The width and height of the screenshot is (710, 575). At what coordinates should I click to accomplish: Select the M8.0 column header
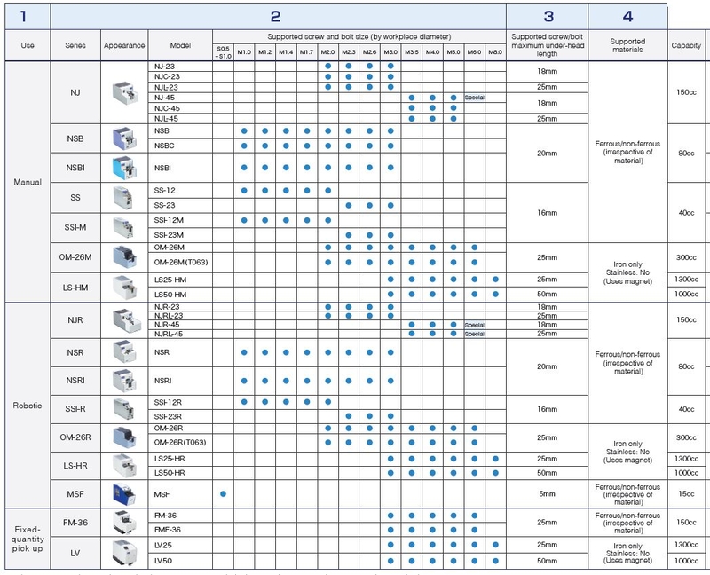(x=494, y=52)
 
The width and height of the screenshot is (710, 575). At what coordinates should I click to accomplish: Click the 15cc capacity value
(x=686, y=492)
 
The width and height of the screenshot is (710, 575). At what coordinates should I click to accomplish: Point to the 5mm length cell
(x=547, y=492)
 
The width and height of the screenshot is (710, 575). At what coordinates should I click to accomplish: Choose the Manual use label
(x=27, y=183)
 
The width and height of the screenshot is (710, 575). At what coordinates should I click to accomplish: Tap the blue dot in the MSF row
(x=223, y=492)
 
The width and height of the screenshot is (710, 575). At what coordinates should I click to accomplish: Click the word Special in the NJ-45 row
(x=474, y=98)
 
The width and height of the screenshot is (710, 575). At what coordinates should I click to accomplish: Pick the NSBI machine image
(x=122, y=168)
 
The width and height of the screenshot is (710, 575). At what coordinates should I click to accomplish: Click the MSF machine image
(x=122, y=492)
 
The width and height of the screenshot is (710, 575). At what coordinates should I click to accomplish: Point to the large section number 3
(x=548, y=16)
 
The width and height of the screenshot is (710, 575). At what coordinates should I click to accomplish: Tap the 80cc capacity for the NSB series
(x=686, y=153)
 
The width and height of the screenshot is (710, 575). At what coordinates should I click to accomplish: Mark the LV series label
(x=75, y=553)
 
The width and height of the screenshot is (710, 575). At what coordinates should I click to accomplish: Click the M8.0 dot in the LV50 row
(x=494, y=561)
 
